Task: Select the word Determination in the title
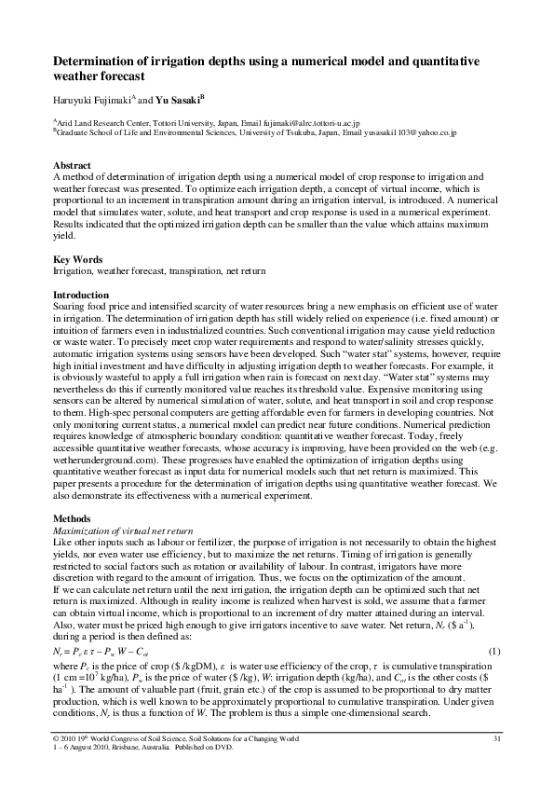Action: pos(101,61)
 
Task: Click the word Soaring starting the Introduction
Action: pos(71,307)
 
